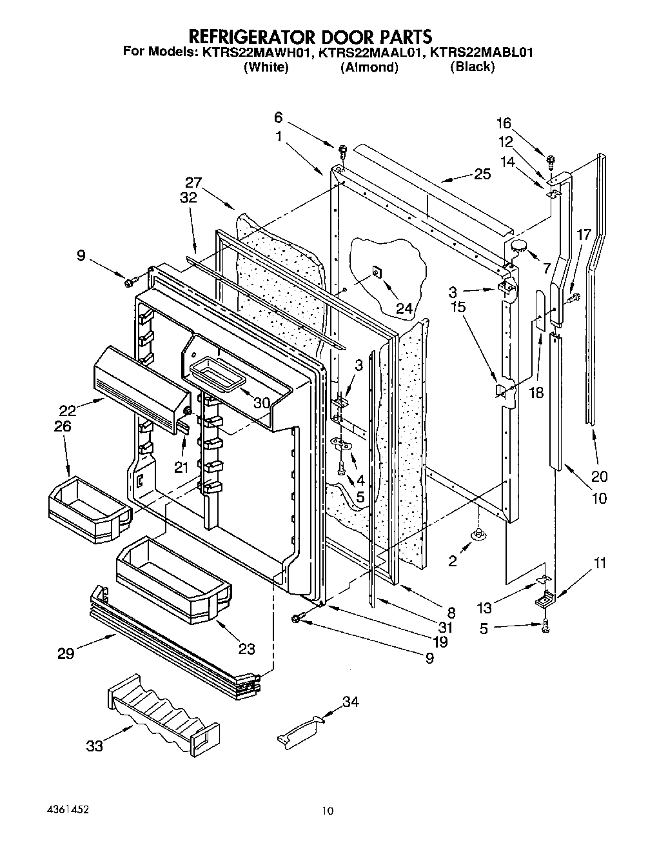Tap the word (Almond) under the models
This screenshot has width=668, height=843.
click(x=369, y=67)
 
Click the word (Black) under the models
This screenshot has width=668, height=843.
click(x=472, y=66)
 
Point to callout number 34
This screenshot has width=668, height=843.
click(x=351, y=702)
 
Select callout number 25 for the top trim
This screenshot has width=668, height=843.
click(x=482, y=174)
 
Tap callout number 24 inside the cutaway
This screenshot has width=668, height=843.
click(x=404, y=308)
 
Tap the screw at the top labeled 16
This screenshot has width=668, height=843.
click(x=550, y=159)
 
